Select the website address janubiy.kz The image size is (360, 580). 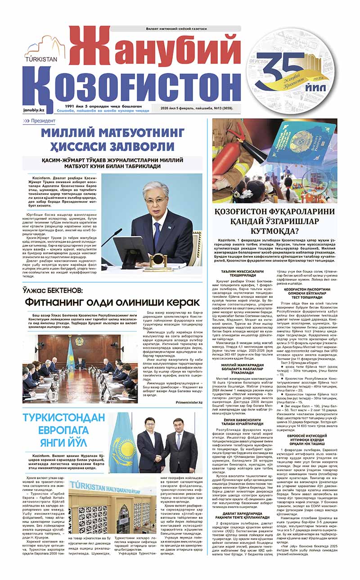(x=34, y=110)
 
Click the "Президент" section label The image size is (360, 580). (x=43, y=121)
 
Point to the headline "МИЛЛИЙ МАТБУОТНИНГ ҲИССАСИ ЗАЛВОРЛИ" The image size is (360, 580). (x=112, y=139)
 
